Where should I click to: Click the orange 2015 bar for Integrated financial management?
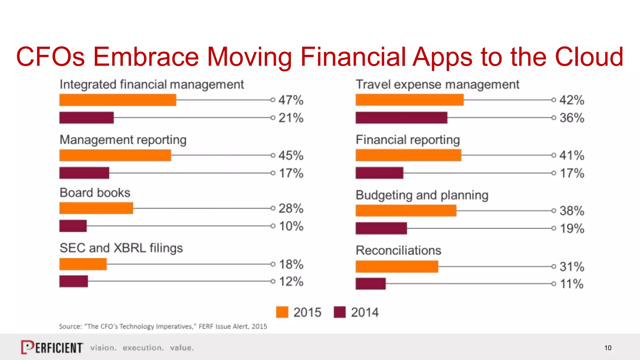click(117, 100)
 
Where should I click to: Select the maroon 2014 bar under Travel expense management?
click(401, 118)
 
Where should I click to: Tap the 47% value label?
click(291, 100)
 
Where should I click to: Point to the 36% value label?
click(572, 118)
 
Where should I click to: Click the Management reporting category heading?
click(123, 140)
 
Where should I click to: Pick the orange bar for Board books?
click(96, 208)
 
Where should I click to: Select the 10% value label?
click(291, 226)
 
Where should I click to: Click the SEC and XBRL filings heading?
click(121, 248)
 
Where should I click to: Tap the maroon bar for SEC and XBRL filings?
click(73, 281)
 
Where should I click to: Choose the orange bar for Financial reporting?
click(408, 155)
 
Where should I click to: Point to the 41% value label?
click(572, 155)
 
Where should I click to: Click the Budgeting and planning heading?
click(422, 195)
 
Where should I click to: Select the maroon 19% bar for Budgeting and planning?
click(381, 228)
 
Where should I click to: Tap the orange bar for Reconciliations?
click(397, 267)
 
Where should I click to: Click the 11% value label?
click(572, 284)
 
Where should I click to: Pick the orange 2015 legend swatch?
click(282, 312)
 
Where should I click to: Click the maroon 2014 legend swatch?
click(339, 312)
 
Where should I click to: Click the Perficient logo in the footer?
click(52, 347)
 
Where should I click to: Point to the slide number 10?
click(607, 348)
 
